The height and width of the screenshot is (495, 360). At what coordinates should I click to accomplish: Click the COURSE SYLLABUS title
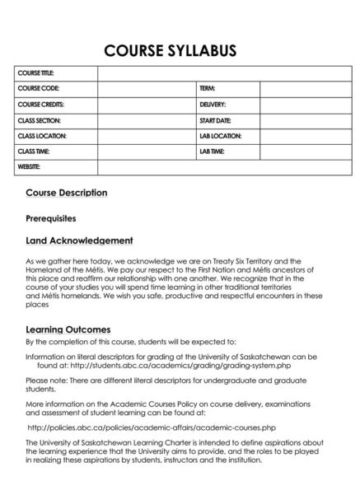171,51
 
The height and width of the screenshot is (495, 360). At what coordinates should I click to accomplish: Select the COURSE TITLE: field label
35,73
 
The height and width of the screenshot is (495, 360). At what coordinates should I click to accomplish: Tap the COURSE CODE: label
38,88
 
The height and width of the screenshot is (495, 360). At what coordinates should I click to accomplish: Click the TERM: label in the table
207,88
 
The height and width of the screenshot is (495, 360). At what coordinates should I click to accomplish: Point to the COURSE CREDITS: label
41,105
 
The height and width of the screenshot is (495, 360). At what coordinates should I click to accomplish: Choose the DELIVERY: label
213,105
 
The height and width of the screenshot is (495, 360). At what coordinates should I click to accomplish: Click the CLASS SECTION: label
40,120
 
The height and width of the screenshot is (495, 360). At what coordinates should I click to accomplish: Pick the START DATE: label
215,120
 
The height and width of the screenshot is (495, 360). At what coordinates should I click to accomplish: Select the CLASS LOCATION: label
42,136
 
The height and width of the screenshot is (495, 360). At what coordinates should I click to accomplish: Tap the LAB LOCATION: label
220,136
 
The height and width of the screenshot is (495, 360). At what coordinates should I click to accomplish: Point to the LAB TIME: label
212,152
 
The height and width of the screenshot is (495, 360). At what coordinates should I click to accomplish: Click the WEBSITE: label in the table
30,168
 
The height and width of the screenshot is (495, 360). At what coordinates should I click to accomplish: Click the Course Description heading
67,193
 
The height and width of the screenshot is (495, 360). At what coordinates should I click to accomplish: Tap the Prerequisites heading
51,218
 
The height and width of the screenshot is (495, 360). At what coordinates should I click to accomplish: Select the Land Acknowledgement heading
79,240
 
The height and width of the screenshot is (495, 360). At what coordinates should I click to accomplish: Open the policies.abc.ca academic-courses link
152,428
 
